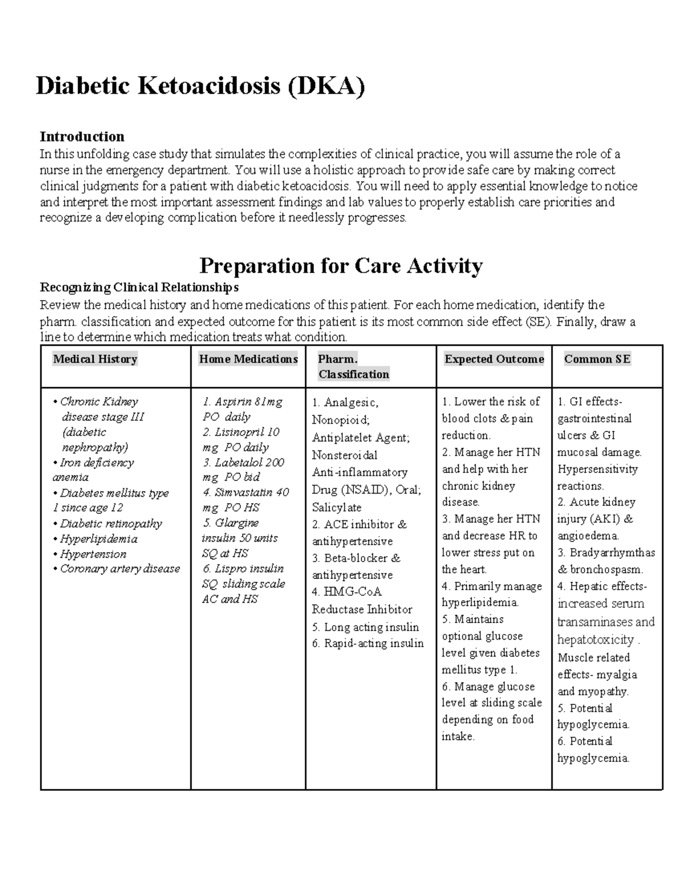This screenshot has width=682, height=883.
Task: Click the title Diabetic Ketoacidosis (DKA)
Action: click(200, 86)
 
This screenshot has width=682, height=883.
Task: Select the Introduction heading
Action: click(82, 136)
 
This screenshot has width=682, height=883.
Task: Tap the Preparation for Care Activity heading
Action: click(341, 266)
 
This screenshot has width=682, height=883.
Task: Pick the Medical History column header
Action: click(95, 359)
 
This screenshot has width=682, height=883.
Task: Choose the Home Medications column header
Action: click(248, 359)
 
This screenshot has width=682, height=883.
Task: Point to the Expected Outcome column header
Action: click(494, 359)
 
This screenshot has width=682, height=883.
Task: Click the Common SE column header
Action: click(597, 359)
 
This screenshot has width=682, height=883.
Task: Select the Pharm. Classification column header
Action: click(354, 367)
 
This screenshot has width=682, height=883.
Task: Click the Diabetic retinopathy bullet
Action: click(111, 523)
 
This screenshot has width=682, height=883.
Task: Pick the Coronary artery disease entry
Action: click(120, 569)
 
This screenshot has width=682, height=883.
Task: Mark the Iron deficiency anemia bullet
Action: click(94, 470)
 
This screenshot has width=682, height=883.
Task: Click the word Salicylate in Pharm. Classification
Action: click(336, 507)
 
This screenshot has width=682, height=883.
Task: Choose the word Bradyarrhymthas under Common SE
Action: click(612, 553)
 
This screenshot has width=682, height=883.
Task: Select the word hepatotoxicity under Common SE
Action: click(596, 640)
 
